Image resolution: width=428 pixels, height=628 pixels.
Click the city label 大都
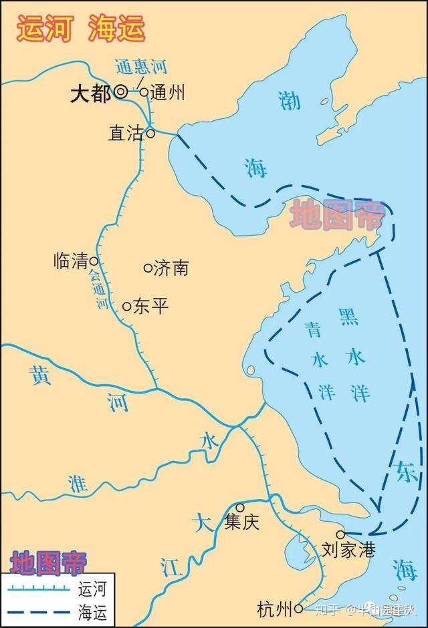91,94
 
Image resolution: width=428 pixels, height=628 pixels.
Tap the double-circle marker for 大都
120,93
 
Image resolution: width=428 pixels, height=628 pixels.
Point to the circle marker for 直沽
150,133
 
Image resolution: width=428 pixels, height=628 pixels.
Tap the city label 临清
71,261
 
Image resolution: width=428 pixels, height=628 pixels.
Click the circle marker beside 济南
148,268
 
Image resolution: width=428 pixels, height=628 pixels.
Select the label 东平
150,307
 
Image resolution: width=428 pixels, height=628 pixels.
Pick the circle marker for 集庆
240,508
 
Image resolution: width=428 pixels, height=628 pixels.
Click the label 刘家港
348,551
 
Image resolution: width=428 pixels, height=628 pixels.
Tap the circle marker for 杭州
298,608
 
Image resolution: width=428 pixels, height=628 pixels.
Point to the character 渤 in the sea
290,100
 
